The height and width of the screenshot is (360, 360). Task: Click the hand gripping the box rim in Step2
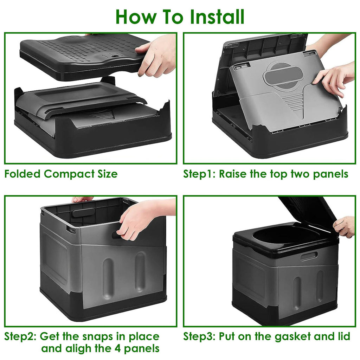[x=139, y=220]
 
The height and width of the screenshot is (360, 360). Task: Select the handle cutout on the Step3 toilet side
[x=309, y=256]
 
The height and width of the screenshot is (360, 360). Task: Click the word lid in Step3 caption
[x=343, y=336]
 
